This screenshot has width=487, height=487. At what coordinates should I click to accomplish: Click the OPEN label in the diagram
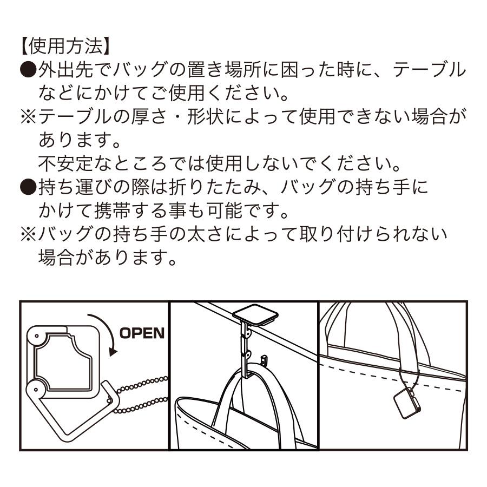pyautogui.click(x=142, y=332)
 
